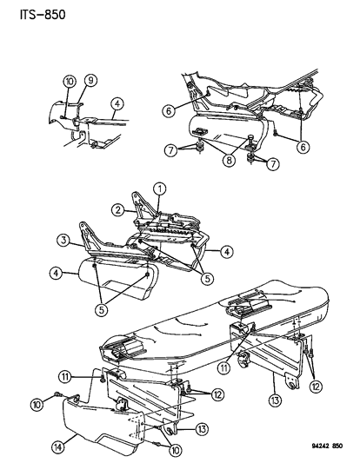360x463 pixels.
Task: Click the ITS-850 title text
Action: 43,15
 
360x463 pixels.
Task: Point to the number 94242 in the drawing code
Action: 319,446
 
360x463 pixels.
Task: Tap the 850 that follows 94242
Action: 337,446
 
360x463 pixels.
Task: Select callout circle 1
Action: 160,189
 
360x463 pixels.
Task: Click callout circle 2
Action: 118,210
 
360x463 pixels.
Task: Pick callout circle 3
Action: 63,241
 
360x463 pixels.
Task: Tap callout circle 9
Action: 90,80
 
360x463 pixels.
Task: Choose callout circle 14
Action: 58,447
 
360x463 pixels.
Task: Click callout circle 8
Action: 230,161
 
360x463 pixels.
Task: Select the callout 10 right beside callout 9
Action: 70,82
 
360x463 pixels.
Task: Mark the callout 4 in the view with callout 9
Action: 117,104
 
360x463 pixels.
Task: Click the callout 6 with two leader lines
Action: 303,147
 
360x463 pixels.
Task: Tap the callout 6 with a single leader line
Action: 169,111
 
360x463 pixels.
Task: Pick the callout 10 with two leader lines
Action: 175,451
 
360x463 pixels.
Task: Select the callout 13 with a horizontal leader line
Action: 202,429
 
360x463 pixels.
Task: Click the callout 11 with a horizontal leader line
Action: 64,377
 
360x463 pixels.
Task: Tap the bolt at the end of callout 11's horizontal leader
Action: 103,379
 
